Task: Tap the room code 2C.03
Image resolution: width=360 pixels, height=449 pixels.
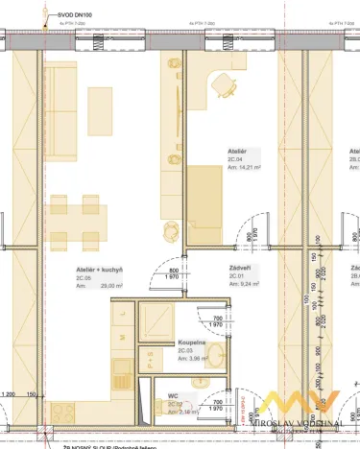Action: coord(186,351)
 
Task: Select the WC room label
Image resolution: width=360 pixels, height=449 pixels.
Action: coord(173,395)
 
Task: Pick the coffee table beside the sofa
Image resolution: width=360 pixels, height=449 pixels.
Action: coord(101,101)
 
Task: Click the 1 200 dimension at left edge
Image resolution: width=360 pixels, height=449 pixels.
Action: coord(9,394)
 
